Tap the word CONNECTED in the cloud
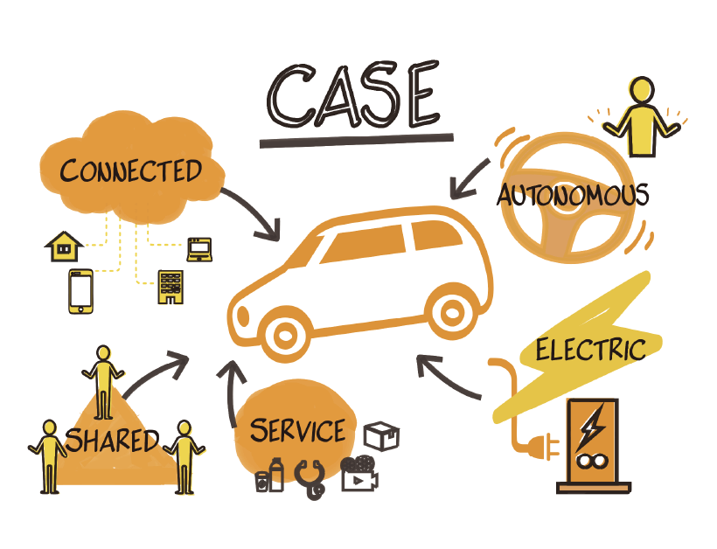point(130,170)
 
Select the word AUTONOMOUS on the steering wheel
point(573,194)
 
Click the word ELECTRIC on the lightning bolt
point(590,350)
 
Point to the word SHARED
point(113,440)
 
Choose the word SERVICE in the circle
point(296,430)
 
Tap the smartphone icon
point(80,290)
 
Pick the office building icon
point(169,287)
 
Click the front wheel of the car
point(286,333)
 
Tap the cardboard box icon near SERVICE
point(381,435)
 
